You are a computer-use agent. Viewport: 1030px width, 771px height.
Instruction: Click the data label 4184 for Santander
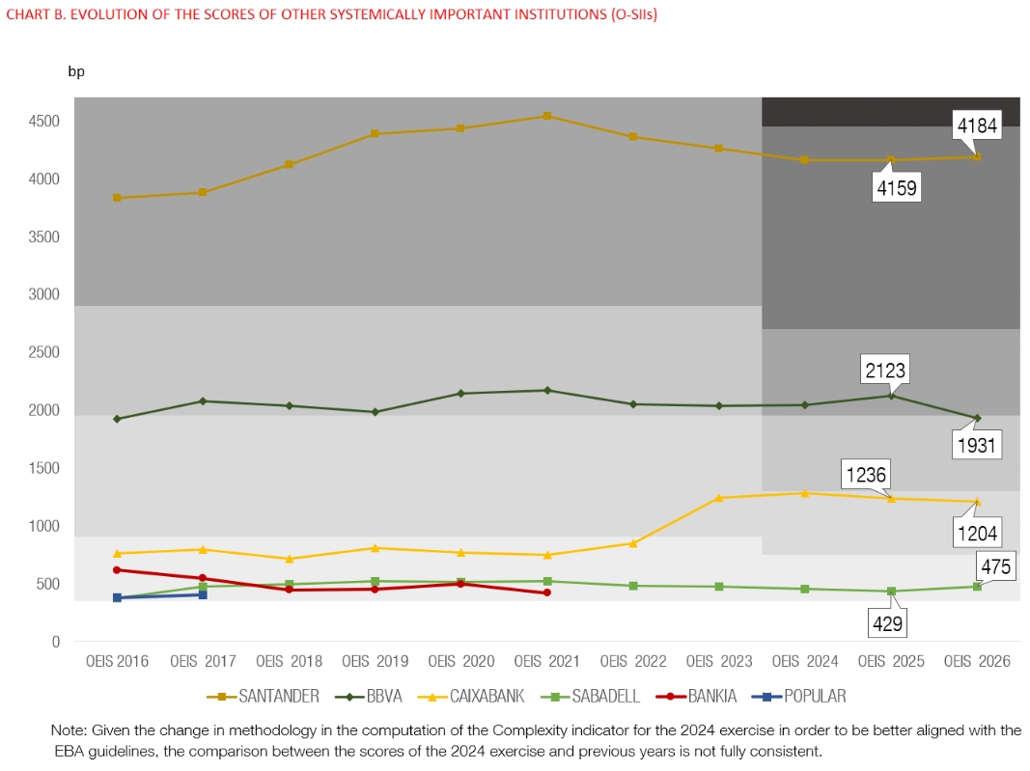976,124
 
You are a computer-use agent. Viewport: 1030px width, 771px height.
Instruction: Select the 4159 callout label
896,186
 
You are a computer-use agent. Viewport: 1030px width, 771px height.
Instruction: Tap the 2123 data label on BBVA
884,370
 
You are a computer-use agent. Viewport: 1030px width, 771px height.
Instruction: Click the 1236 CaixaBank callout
865,475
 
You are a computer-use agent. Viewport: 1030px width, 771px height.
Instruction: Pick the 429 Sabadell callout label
887,624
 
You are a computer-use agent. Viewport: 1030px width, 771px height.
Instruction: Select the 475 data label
995,566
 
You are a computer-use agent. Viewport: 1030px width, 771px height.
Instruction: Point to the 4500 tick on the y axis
43,122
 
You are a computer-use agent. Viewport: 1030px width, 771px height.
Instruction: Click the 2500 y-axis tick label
43,353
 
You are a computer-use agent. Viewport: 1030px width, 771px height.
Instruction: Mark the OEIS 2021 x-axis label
546,662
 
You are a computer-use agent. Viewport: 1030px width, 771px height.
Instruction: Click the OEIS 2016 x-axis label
117,662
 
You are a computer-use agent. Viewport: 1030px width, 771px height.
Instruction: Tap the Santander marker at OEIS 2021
547,116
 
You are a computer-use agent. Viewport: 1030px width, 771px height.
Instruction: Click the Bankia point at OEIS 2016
117,569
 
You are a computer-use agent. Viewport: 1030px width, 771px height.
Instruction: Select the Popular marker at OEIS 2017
203,594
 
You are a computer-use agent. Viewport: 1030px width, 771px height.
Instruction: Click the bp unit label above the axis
76,71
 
